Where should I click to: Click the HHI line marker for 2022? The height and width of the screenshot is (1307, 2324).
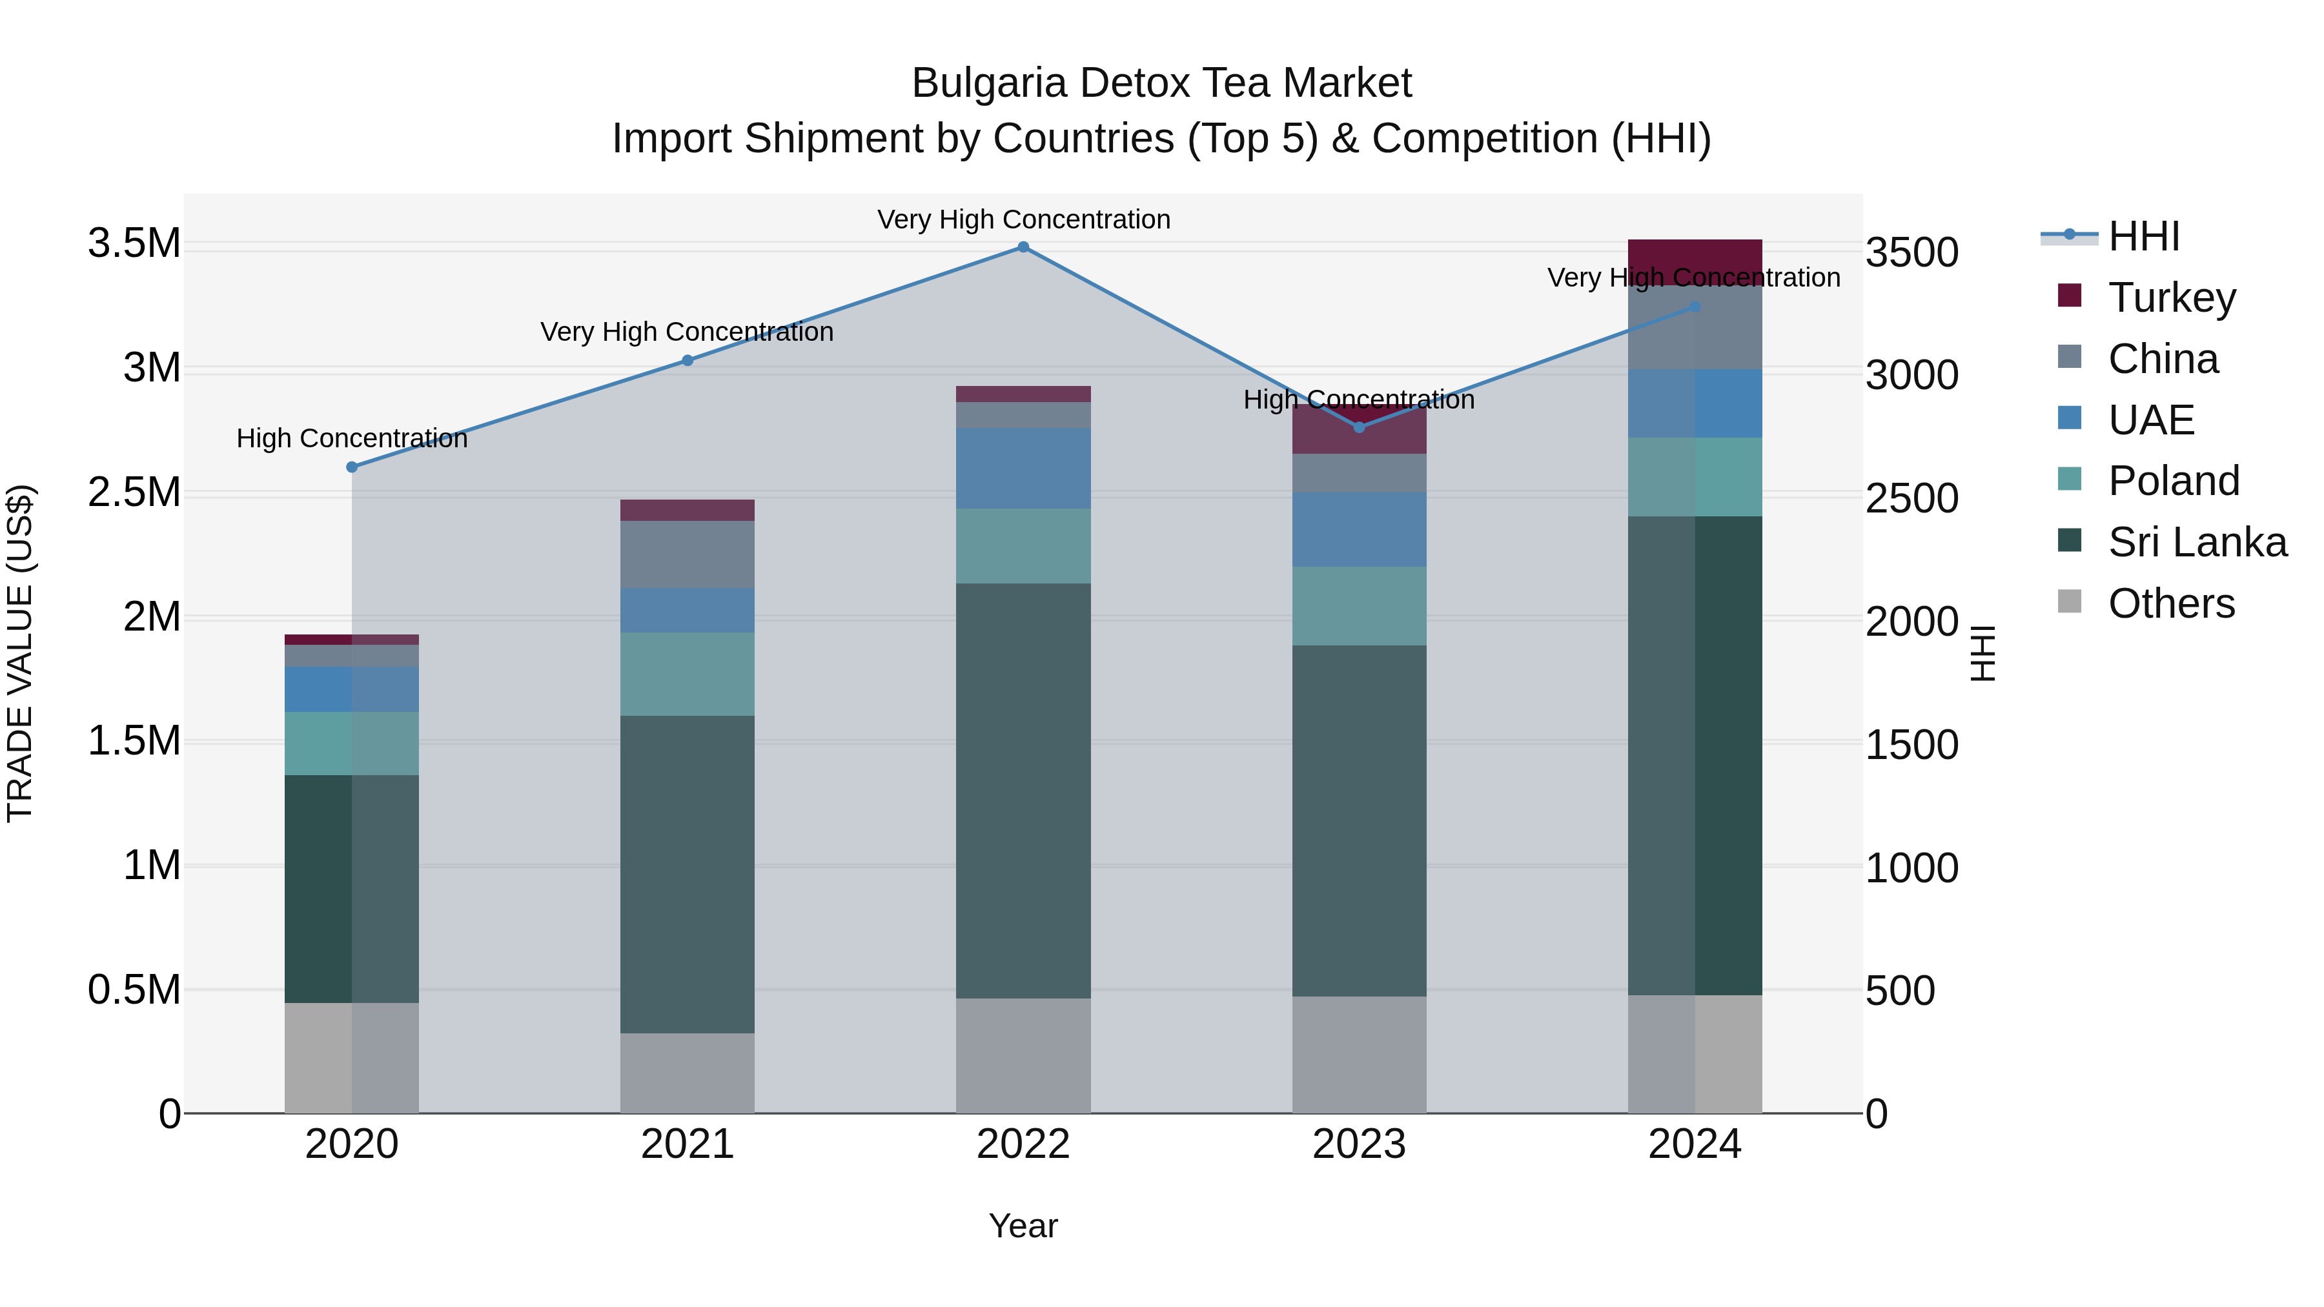pyautogui.click(x=1023, y=247)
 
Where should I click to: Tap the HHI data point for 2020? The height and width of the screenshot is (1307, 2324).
pyautogui.click(x=352, y=467)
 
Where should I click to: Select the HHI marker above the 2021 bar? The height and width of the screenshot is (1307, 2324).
pyautogui.click(x=688, y=361)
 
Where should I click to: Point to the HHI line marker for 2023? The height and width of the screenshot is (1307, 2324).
pyautogui.click(x=1360, y=427)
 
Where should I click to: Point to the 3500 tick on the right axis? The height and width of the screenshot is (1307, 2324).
pyautogui.click(x=1911, y=252)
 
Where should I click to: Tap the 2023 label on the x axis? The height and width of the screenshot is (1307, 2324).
pyautogui.click(x=1359, y=1144)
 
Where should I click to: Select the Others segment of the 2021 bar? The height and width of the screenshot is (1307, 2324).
pyautogui.click(x=688, y=1073)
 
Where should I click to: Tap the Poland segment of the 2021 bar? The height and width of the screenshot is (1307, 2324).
pyautogui.click(x=688, y=674)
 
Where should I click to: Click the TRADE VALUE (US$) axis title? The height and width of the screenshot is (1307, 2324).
pyautogui.click(x=20, y=654)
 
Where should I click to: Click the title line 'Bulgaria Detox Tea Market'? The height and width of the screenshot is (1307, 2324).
pyautogui.click(x=1161, y=84)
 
